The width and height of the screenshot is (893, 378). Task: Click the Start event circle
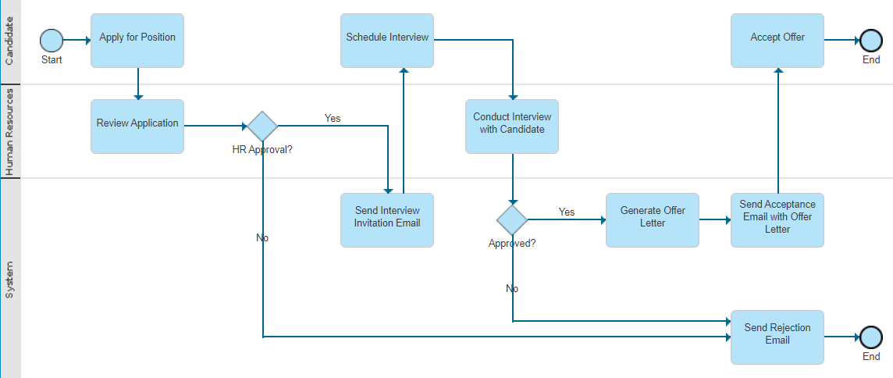pyautogui.click(x=52, y=40)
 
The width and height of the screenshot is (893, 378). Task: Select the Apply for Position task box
pyautogui.click(x=137, y=40)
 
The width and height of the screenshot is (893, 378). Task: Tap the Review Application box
pyautogui.click(x=137, y=126)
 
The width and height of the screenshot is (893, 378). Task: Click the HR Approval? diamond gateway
pyautogui.click(x=262, y=126)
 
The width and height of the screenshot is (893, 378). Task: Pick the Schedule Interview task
pyautogui.click(x=387, y=40)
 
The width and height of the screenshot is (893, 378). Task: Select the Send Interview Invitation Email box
pyautogui.click(x=387, y=219)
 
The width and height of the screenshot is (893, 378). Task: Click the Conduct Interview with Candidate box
pyautogui.click(x=512, y=126)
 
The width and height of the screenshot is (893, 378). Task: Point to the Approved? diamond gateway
pyautogui.click(x=512, y=219)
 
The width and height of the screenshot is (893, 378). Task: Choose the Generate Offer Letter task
pyautogui.click(x=653, y=219)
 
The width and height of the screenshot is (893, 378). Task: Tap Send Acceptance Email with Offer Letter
pyautogui.click(x=777, y=219)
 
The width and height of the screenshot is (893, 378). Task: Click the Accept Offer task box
pyautogui.click(x=777, y=40)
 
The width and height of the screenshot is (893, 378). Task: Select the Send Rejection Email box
pyautogui.click(x=777, y=337)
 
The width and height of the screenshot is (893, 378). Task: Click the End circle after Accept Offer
pyautogui.click(x=871, y=40)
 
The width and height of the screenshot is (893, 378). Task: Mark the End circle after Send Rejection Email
pyautogui.click(x=871, y=337)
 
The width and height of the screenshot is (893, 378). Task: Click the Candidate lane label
pyautogui.click(x=9, y=41)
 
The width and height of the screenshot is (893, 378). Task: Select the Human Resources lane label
pyautogui.click(x=9, y=131)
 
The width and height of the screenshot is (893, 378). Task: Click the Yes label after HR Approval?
pyautogui.click(x=333, y=118)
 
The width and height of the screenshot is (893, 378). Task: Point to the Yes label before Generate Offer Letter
pyautogui.click(x=567, y=212)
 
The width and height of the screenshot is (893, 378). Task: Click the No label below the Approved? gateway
pyautogui.click(x=512, y=288)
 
